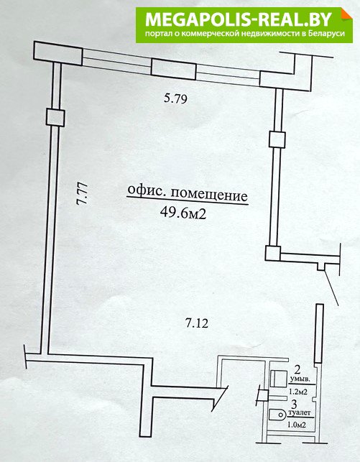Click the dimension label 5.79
(175, 98)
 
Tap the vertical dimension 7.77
(82, 193)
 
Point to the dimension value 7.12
(196, 323)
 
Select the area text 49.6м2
(183, 213)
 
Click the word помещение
(209, 195)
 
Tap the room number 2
(297, 369)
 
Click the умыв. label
(300, 379)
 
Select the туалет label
(300, 413)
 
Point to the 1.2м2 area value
(299, 392)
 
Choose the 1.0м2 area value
(296, 425)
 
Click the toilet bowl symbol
(277, 415)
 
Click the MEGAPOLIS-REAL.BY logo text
(239, 19)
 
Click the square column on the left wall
(55, 118)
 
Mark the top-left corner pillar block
(57, 53)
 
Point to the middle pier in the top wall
(173, 69)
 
